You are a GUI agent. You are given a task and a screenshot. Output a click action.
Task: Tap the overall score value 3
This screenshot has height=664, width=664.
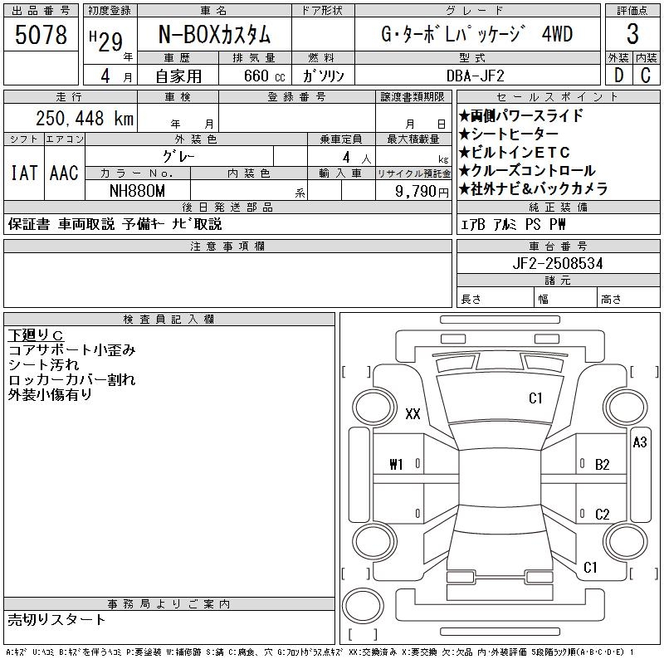pyautogui.click(x=632, y=35)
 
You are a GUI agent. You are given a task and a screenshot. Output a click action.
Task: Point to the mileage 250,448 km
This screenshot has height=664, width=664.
pyautogui.click(x=84, y=119)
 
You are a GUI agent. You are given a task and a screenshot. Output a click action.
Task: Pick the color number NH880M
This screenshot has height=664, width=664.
pyautogui.click(x=137, y=191)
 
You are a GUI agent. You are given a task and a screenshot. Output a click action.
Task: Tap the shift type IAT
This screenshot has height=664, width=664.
pyautogui.click(x=23, y=173)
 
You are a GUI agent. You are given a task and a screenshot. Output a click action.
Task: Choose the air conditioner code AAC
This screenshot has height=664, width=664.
pyautogui.click(x=64, y=173)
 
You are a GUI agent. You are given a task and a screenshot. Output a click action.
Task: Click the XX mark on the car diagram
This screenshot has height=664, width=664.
pyautogui.click(x=413, y=414)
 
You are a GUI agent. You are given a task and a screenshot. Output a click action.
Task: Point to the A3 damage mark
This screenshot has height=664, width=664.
pyautogui.click(x=639, y=442)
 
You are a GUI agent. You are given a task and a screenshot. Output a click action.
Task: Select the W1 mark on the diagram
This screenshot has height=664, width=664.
pyautogui.click(x=396, y=465)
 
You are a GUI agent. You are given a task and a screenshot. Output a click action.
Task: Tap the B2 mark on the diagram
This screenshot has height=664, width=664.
pyautogui.click(x=603, y=465)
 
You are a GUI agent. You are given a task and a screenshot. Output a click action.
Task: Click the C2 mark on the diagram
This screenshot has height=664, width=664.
pyautogui.click(x=603, y=515)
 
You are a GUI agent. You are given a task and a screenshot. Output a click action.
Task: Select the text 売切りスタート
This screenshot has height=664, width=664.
pyautogui.click(x=56, y=620)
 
